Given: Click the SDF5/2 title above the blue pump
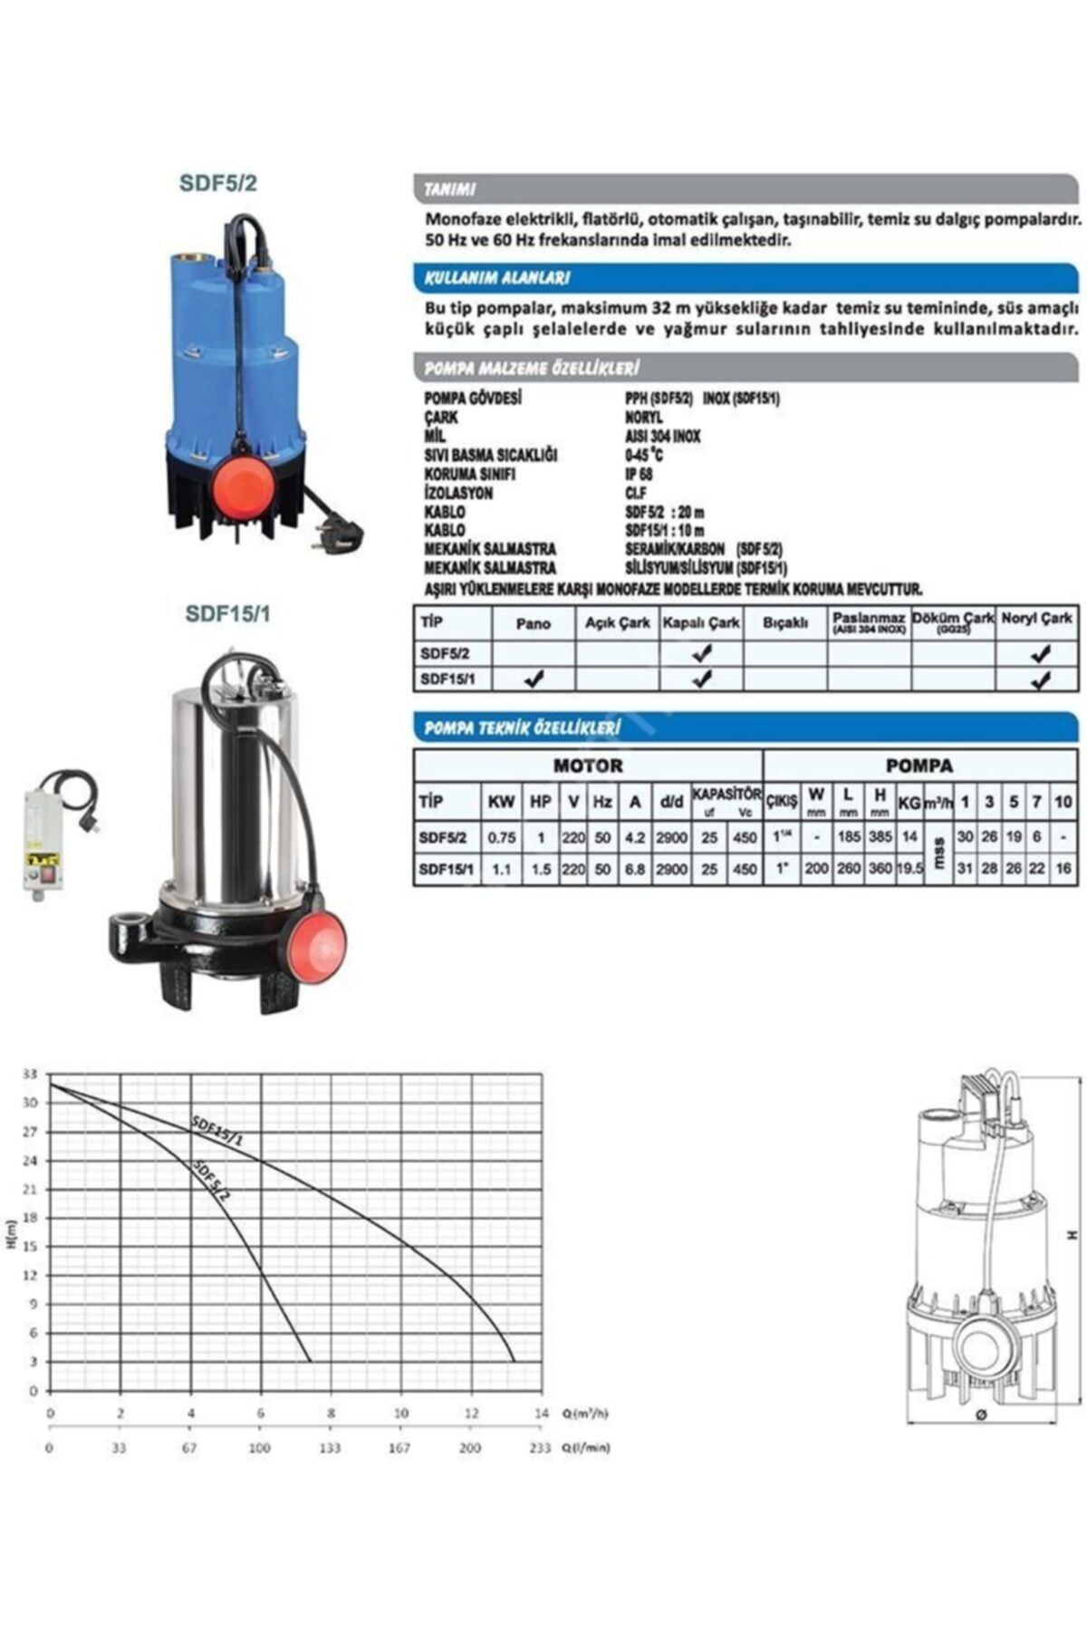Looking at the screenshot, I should pos(218,183).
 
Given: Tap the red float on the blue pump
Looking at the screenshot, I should pos(241,484).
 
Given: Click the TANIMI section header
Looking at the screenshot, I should pos(450,189).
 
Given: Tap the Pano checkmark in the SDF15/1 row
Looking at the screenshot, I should pos(534,678).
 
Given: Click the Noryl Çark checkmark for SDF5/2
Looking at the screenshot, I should pos(1040,652).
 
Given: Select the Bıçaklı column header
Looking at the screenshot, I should pos(784,622).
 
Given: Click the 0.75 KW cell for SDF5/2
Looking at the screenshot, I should pos(502,837).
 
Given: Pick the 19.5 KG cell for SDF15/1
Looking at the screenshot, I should pos(909,868).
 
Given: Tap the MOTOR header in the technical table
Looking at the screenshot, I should pos(588,766).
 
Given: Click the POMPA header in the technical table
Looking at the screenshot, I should pos(919,766).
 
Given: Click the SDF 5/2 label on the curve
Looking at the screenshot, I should pos(211,1180).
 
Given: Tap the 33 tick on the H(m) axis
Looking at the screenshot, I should pos(30,1074).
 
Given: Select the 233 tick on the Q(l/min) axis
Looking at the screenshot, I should pos(540,1448).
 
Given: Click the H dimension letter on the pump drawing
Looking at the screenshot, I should pos(1072,1235).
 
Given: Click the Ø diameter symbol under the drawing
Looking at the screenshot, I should pos(981,1414).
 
